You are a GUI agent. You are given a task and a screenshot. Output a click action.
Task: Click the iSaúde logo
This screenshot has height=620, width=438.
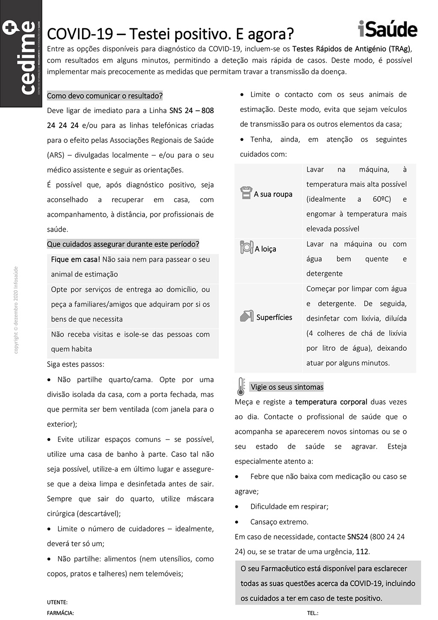pos(388,29)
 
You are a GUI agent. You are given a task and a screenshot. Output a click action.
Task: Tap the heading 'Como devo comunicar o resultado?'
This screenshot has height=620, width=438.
pos(105,95)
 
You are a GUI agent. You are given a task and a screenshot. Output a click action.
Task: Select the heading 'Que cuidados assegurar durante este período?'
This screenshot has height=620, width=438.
pos(123,244)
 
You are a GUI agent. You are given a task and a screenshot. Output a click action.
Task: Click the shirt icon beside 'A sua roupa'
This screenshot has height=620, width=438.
pos(246,193)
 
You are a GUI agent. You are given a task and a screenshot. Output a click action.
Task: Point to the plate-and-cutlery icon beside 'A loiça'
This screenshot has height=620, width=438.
pos(246,247)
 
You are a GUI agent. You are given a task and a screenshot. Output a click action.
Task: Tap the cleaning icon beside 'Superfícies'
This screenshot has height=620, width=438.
pos(246,316)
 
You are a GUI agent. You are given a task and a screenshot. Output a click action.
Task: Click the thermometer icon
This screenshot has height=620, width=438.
pos(241,386)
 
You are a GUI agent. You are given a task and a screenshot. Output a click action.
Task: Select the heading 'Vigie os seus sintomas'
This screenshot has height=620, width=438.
pos(287,387)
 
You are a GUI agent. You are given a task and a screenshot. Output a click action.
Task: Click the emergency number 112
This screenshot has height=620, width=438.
pos(362,551)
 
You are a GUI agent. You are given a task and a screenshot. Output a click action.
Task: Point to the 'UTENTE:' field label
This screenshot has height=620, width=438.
pos(57,602)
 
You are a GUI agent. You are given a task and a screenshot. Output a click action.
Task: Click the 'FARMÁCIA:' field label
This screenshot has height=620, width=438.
pos(60,613)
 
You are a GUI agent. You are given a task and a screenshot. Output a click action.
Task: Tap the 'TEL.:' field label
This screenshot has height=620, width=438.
pos(313,613)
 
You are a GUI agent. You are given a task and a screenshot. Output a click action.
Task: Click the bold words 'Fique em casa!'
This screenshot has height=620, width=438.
pos(75,259)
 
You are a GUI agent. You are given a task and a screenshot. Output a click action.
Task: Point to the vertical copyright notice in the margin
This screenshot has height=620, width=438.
pos(16,310)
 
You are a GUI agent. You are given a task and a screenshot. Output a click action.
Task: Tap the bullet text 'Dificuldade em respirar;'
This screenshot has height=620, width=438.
pos(289,507)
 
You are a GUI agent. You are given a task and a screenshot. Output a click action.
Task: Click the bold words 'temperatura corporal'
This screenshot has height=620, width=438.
pos(331,402)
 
